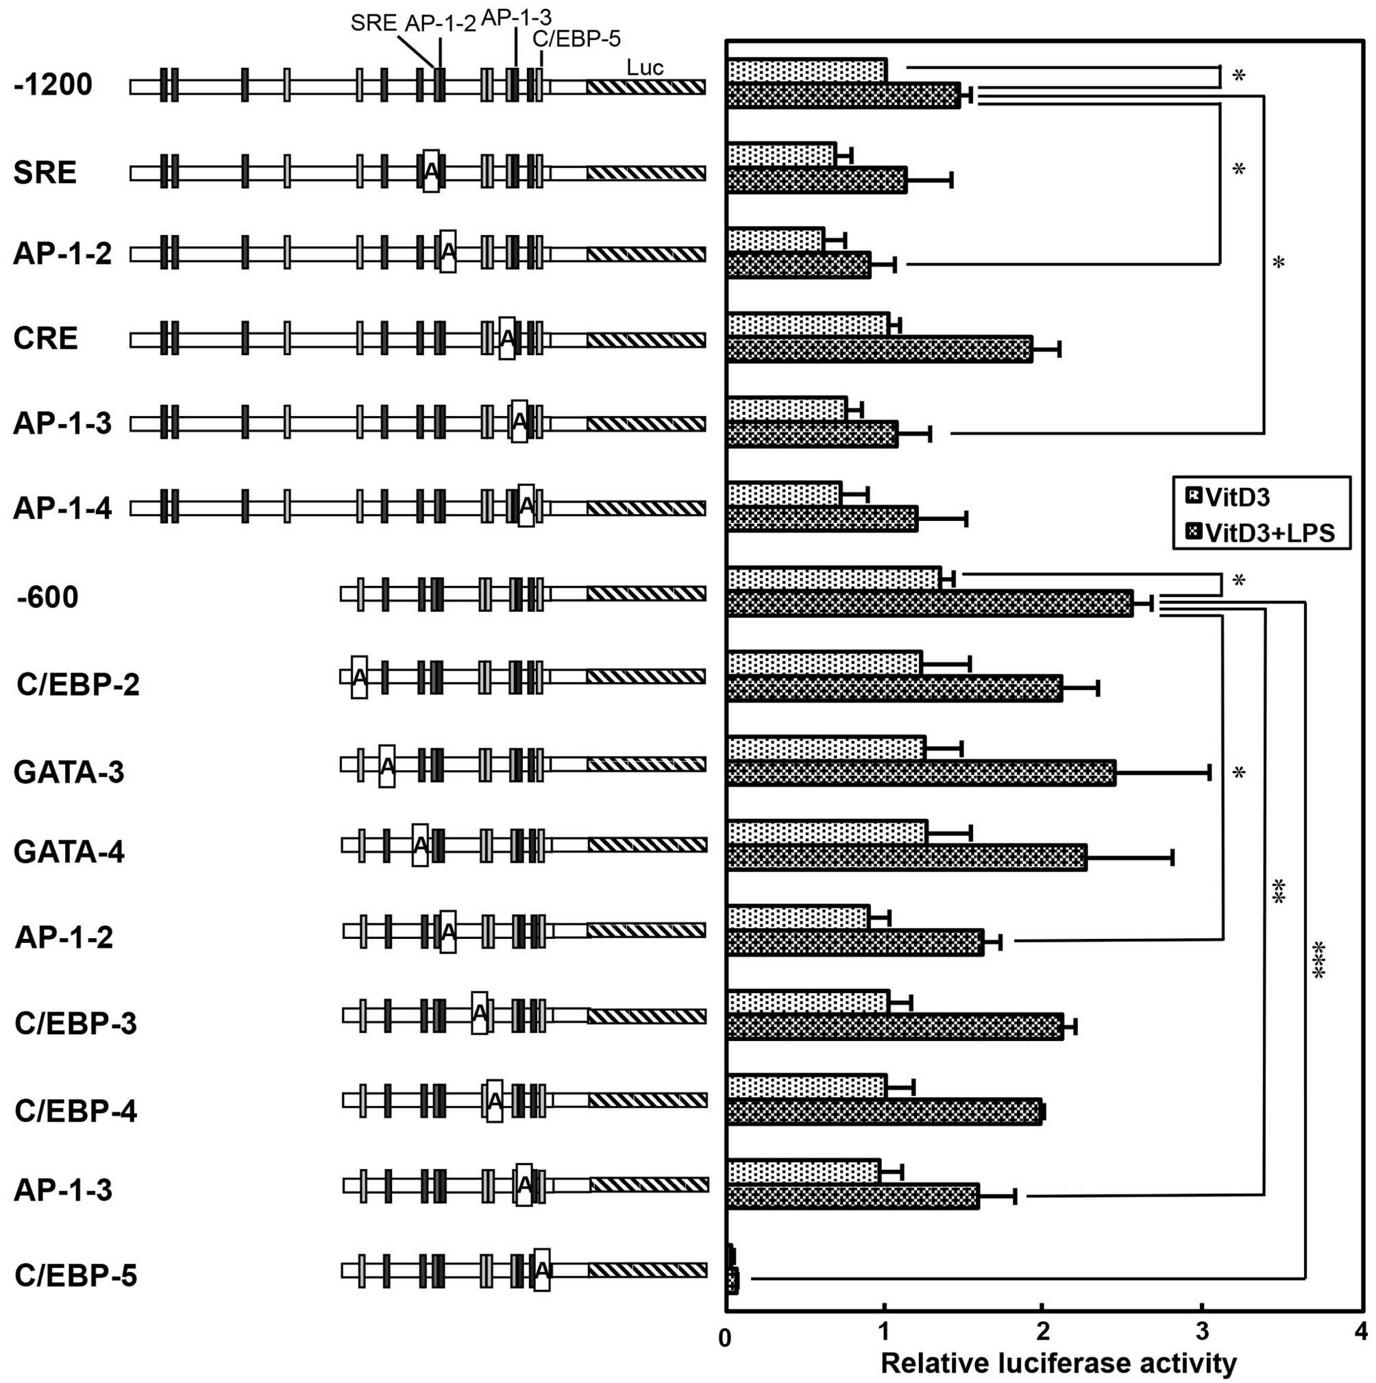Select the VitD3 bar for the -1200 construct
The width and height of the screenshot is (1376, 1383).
coord(807,71)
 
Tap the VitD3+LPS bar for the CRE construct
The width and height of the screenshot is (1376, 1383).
coord(879,349)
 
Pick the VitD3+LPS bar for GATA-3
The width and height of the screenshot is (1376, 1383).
coord(921,773)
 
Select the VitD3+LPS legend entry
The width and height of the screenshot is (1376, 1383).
coord(1261,533)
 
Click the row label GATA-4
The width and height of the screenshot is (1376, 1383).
coord(69,852)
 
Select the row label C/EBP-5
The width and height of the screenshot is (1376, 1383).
coord(76,1275)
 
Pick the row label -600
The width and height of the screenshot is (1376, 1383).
coord(47,597)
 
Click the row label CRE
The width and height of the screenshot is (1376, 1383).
coord(45,338)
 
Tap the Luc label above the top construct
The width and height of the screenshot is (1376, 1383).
coord(644,67)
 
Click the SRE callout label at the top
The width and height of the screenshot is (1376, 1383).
coord(373,23)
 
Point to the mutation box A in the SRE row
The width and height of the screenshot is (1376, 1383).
coord(431,171)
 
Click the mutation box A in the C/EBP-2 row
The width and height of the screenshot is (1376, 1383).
coord(359,676)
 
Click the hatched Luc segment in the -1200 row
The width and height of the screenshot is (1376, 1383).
coord(646,86)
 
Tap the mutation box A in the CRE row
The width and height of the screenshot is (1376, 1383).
coord(507,337)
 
